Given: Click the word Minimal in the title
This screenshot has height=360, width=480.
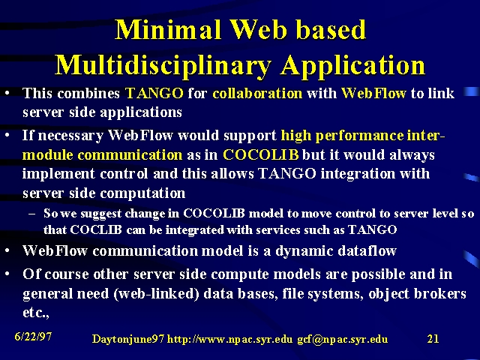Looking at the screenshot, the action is click(168, 29).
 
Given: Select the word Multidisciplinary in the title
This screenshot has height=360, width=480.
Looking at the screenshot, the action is click(163, 66).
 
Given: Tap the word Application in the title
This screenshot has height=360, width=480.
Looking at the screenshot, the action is click(352, 66).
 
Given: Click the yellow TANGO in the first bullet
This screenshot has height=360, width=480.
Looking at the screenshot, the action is click(154, 93).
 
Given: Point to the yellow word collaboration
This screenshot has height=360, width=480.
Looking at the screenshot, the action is click(257, 93).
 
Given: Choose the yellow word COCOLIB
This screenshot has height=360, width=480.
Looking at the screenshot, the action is click(261, 154).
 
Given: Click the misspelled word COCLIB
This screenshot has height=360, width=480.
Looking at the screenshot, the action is click(96, 229).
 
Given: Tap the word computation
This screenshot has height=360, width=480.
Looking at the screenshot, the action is click(142, 193).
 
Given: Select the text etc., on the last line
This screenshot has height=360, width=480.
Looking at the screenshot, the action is click(36, 313).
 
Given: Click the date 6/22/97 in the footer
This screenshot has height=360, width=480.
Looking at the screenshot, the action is click(33, 337).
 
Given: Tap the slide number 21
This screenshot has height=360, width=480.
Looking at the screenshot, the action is click(433, 338).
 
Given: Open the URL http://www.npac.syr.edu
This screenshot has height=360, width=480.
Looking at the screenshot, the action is click(229, 339).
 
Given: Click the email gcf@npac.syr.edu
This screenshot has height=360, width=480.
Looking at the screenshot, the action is click(342, 339).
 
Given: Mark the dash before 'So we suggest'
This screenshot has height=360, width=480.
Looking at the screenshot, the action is click(31, 214).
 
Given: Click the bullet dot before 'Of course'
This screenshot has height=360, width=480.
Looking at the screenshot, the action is click(7, 274).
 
